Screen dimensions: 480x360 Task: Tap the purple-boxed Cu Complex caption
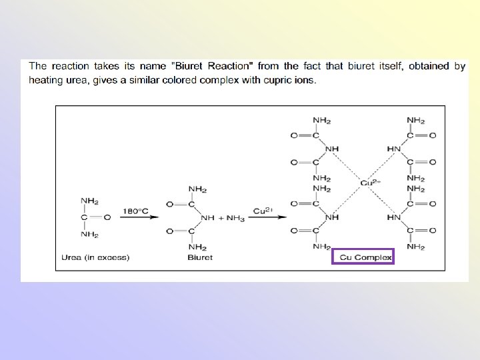pyautogui.click(x=363, y=257)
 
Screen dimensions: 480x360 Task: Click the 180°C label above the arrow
pyautogui.click(x=135, y=211)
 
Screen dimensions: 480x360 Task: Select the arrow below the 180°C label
pyautogui.click(x=136, y=217)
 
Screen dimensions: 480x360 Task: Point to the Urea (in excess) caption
pyautogui.click(x=95, y=257)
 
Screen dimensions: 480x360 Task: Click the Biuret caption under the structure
pyautogui.click(x=200, y=257)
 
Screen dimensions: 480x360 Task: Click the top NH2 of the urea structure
pyautogui.click(x=89, y=201)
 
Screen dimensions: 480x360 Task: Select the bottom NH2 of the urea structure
pyautogui.click(x=89, y=234)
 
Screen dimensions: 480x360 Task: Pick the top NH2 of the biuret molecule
pyautogui.click(x=197, y=189)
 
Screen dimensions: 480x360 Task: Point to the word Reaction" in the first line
pyautogui.click(x=231, y=66)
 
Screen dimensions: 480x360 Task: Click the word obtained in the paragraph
pyautogui.click(x=429, y=66)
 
